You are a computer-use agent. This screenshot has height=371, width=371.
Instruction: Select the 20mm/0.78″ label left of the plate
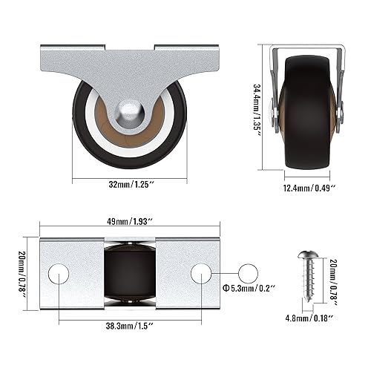coord(24,275)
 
